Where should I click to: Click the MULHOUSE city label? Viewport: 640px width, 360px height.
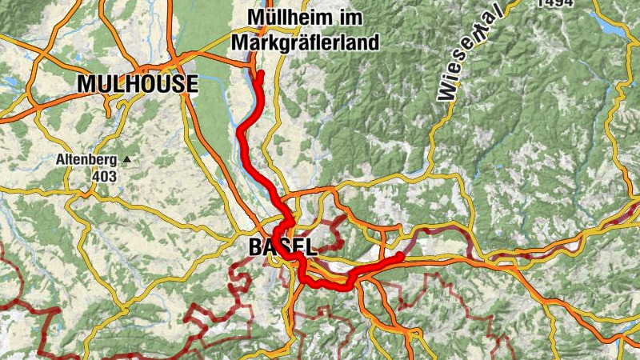(138, 83)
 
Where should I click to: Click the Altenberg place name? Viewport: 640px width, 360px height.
(86, 159)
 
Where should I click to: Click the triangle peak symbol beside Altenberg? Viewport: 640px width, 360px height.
(126, 160)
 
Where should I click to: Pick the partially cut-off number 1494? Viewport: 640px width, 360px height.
(556, 3)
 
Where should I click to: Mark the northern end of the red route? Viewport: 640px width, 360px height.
(260, 74)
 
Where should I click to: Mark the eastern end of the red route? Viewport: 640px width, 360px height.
(400, 255)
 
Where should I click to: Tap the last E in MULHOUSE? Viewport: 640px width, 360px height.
(191, 83)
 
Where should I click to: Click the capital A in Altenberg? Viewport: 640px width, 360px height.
(60, 159)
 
